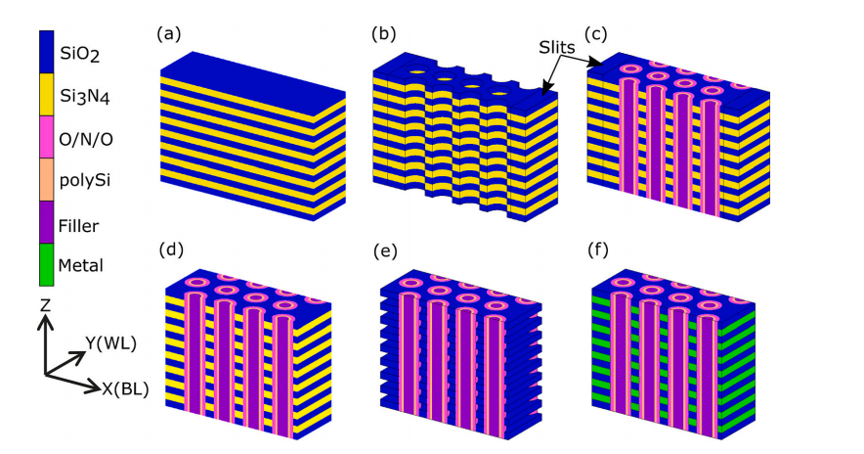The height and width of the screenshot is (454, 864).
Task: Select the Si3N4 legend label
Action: (x=82, y=97)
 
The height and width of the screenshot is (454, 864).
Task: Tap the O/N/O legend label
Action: (x=85, y=141)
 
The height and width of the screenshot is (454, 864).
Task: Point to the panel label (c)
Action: (x=597, y=34)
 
